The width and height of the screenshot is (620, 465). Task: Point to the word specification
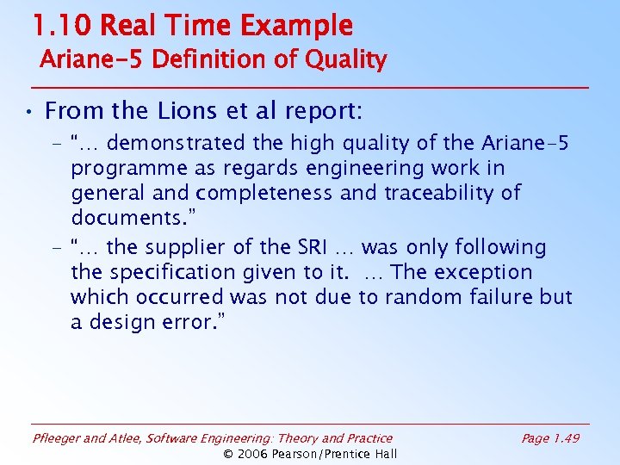[x=172, y=272]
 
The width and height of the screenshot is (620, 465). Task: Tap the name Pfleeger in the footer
[x=57, y=439]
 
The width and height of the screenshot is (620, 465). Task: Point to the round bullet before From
[x=28, y=112]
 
